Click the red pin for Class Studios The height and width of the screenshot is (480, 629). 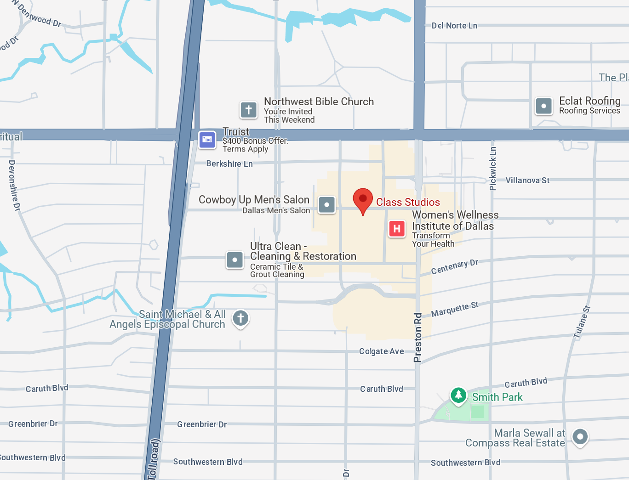click(363, 199)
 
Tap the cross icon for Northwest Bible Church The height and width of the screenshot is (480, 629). click(249, 110)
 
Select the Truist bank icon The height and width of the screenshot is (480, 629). click(207, 140)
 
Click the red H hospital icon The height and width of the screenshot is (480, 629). click(397, 228)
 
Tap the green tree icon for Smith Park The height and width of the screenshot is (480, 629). click(458, 395)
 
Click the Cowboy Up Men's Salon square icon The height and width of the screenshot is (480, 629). click(327, 204)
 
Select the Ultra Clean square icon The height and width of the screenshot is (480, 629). click(235, 260)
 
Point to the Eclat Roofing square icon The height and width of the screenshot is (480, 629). click(544, 106)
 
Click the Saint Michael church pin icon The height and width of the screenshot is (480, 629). click(240, 318)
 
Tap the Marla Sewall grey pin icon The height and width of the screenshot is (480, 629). click(580, 436)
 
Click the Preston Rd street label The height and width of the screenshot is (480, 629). click(417, 338)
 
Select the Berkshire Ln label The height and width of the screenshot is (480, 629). click(229, 164)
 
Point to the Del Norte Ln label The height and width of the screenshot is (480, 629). click(454, 26)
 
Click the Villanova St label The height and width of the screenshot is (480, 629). click(527, 181)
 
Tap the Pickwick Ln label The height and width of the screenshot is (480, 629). click(493, 169)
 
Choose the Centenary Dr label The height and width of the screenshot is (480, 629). click(454, 267)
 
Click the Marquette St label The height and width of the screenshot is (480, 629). click(454, 310)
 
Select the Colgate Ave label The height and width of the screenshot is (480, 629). click(381, 351)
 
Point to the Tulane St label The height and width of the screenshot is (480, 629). click(582, 322)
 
